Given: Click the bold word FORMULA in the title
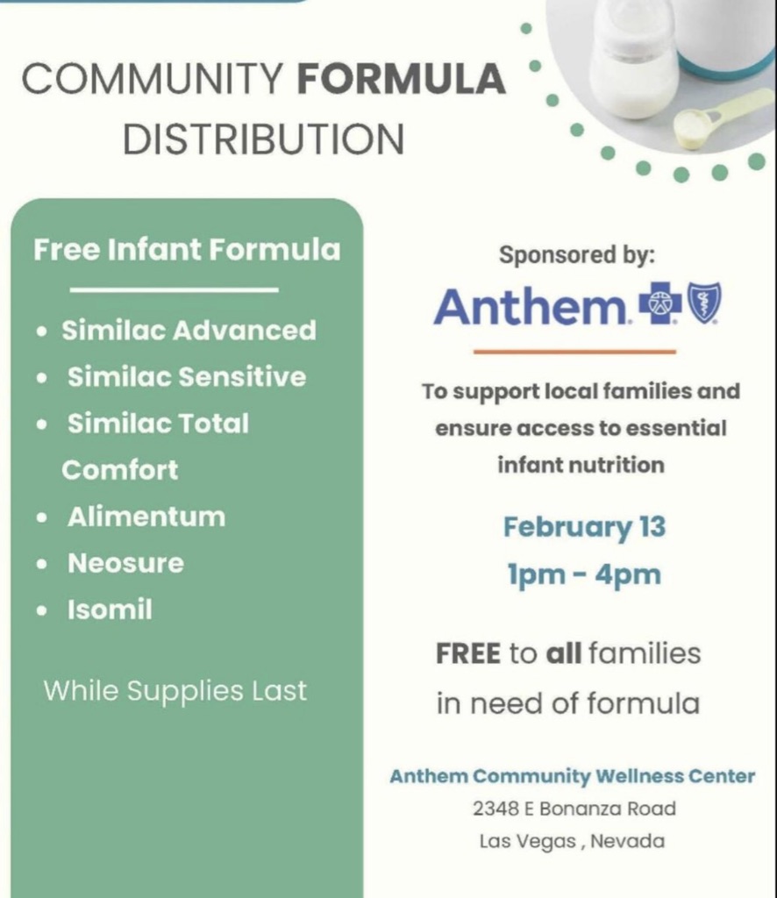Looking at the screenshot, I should tap(401, 80).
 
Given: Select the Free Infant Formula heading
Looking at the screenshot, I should tap(187, 250).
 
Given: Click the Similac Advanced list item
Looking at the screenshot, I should tap(188, 331).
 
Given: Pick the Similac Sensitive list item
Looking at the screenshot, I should tap(187, 377).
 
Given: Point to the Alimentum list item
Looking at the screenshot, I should tap(146, 517).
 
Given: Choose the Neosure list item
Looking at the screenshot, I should tap(125, 563).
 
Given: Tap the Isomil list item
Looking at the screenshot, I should tap(110, 609).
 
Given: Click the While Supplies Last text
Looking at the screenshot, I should tap(175, 691).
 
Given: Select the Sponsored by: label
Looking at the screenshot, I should tap(576, 256).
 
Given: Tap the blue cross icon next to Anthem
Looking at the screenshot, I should tap(660, 305).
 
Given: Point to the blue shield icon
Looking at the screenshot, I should tap(704, 303).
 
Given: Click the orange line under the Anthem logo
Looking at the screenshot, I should tap(574, 352).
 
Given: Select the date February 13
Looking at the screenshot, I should tap(584, 527).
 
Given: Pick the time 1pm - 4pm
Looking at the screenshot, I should tap(584, 575).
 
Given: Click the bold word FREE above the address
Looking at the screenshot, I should tap(467, 653).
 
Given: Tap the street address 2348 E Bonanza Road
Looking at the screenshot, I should tap(574, 809).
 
